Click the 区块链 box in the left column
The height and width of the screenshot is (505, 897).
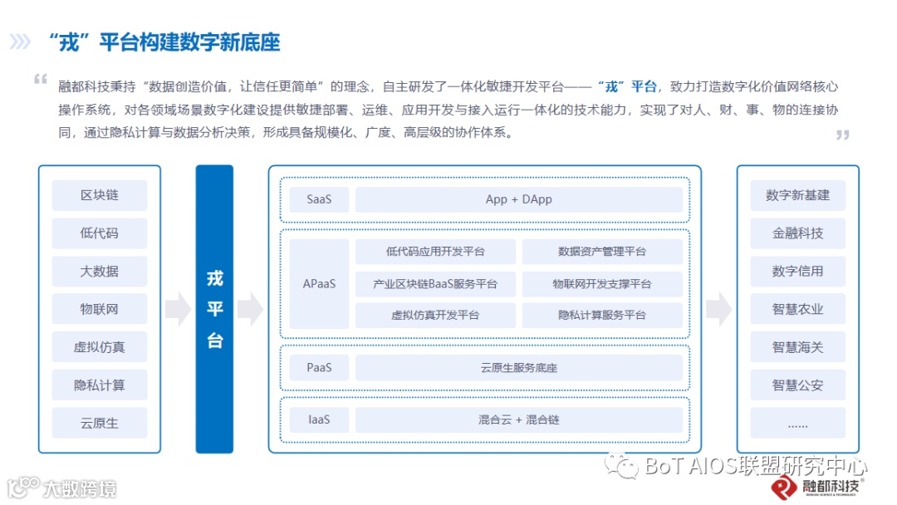tap(99, 195)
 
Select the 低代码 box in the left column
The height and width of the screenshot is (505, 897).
tap(99, 233)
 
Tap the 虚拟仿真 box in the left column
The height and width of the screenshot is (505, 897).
tap(99, 347)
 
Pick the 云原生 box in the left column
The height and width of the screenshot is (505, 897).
tap(99, 423)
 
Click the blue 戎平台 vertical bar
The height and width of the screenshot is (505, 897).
tap(214, 309)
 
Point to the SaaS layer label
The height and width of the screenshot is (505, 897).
tap(318, 199)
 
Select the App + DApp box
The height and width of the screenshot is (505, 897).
tap(518, 199)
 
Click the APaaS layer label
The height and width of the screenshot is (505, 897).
tap(319, 283)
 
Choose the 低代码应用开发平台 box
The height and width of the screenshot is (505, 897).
tap(435, 252)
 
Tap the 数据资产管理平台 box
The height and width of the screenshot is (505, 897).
tap(602, 252)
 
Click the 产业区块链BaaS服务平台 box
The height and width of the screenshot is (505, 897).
tap(435, 284)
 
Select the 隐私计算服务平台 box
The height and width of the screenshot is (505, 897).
tap(602, 316)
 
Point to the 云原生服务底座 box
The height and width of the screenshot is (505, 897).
tap(518, 368)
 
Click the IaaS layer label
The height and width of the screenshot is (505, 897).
tap(318, 419)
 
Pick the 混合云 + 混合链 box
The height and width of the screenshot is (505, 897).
tap(518, 419)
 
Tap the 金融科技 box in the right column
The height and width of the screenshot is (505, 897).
tap(797, 233)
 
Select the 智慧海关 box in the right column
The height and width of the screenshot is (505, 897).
tap(797, 347)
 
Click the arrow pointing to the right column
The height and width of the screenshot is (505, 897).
tap(718, 309)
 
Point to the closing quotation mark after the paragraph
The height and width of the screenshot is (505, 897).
tap(842, 135)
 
